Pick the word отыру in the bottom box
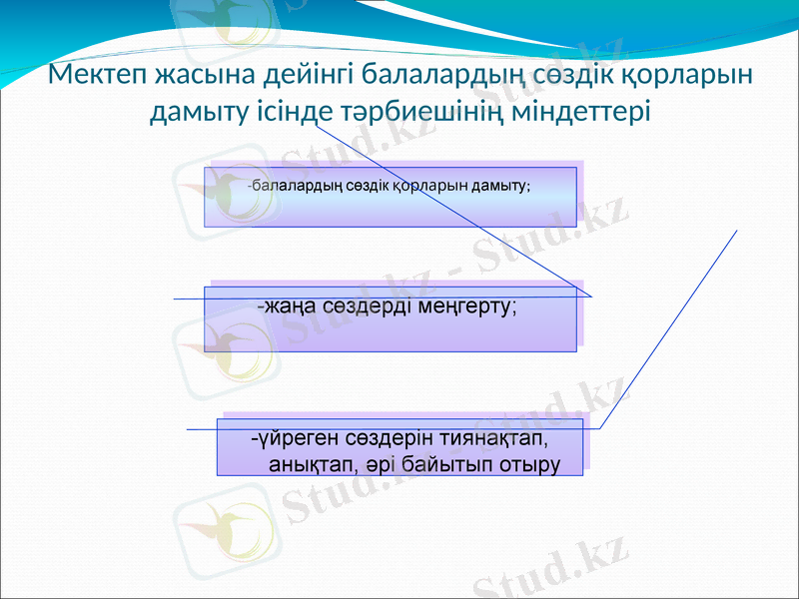(x=529, y=464)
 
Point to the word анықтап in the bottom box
(x=308, y=464)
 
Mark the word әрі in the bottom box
(x=382, y=464)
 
